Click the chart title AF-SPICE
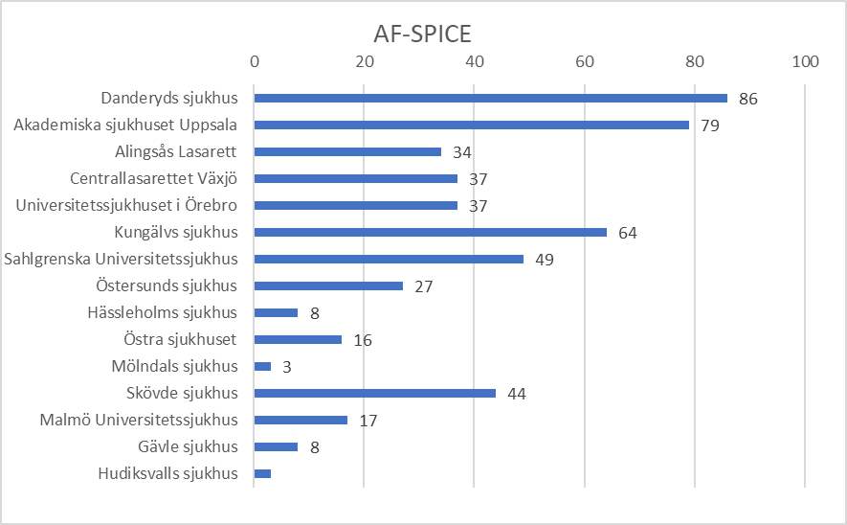click(x=422, y=34)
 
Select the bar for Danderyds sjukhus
click(x=490, y=98)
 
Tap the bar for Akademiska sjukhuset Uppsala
click(x=471, y=125)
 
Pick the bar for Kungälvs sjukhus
click(x=430, y=232)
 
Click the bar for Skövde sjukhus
click(x=374, y=393)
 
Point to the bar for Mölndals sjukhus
click(x=262, y=366)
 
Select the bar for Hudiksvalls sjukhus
click(x=262, y=473)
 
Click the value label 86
click(x=748, y=99)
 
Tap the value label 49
click(x=544, y=260)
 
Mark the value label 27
click(x=423, y=286)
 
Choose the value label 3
click(x=287, y=367)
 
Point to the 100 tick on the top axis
click(x=806, y=61)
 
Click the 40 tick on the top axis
click(x=475, y=61)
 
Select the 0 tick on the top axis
click(x=254, y=61)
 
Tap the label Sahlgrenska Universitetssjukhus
click(x=121, y=259)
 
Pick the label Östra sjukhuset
click(x=180, y=339)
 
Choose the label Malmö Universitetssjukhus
click(x=139, y=420)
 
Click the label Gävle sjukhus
click(x=188, y=446)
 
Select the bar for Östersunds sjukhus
click(x=328, y=285)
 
